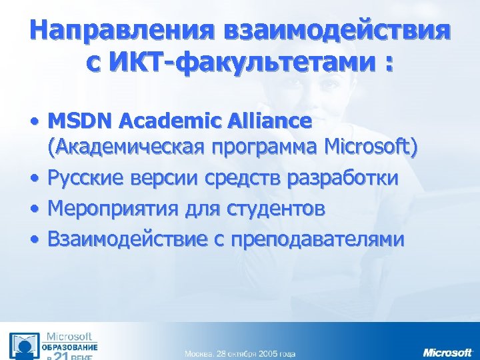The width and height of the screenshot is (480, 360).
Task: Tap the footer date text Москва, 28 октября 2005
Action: [x=240, y=353]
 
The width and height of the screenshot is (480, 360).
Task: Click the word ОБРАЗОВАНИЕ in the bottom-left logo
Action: [x=71, y=347]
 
